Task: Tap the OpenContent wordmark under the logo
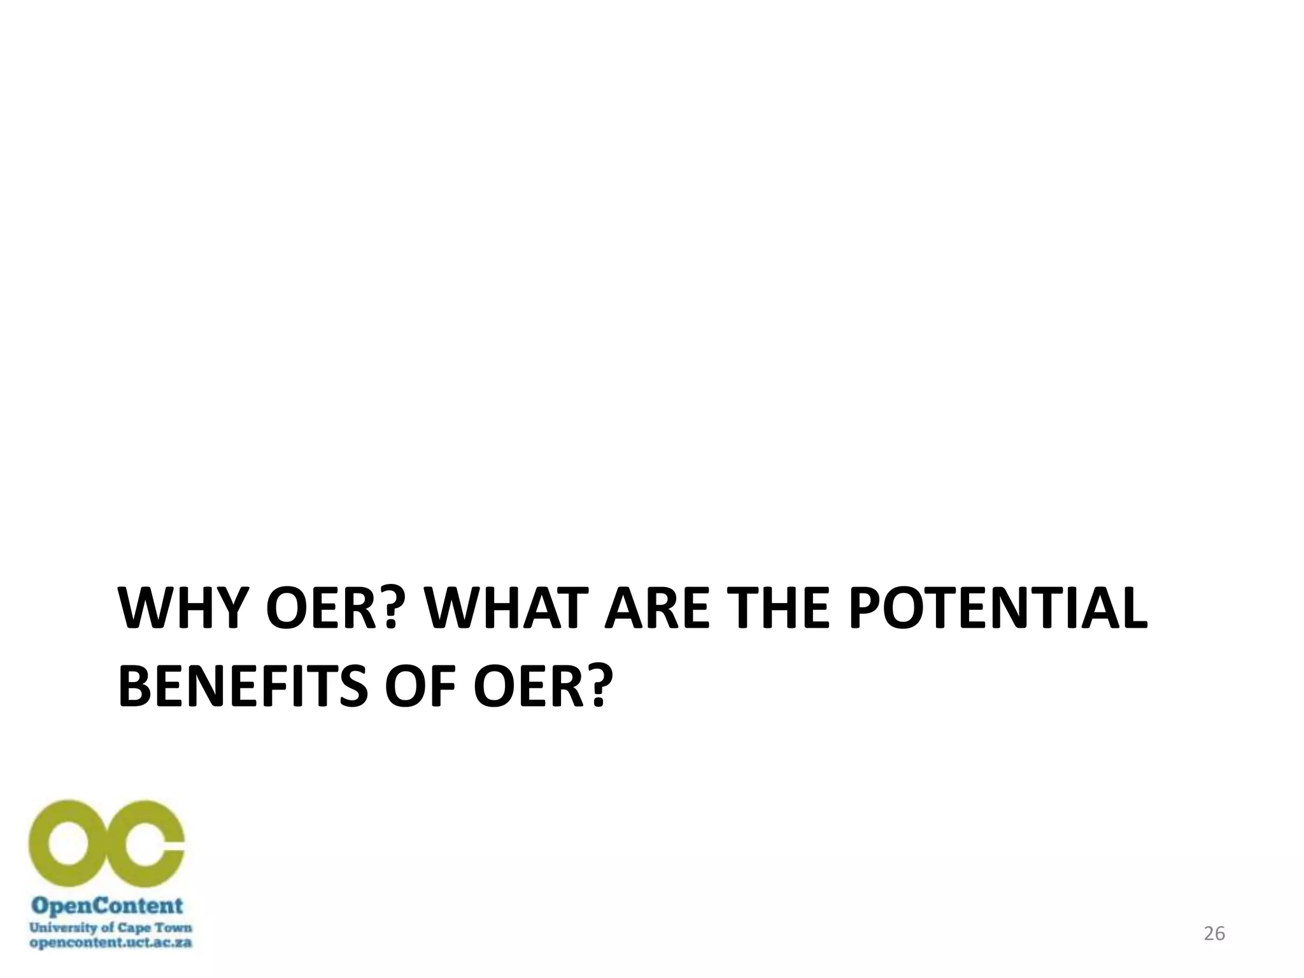coord(108,906)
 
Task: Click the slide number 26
coord(1214,933)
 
